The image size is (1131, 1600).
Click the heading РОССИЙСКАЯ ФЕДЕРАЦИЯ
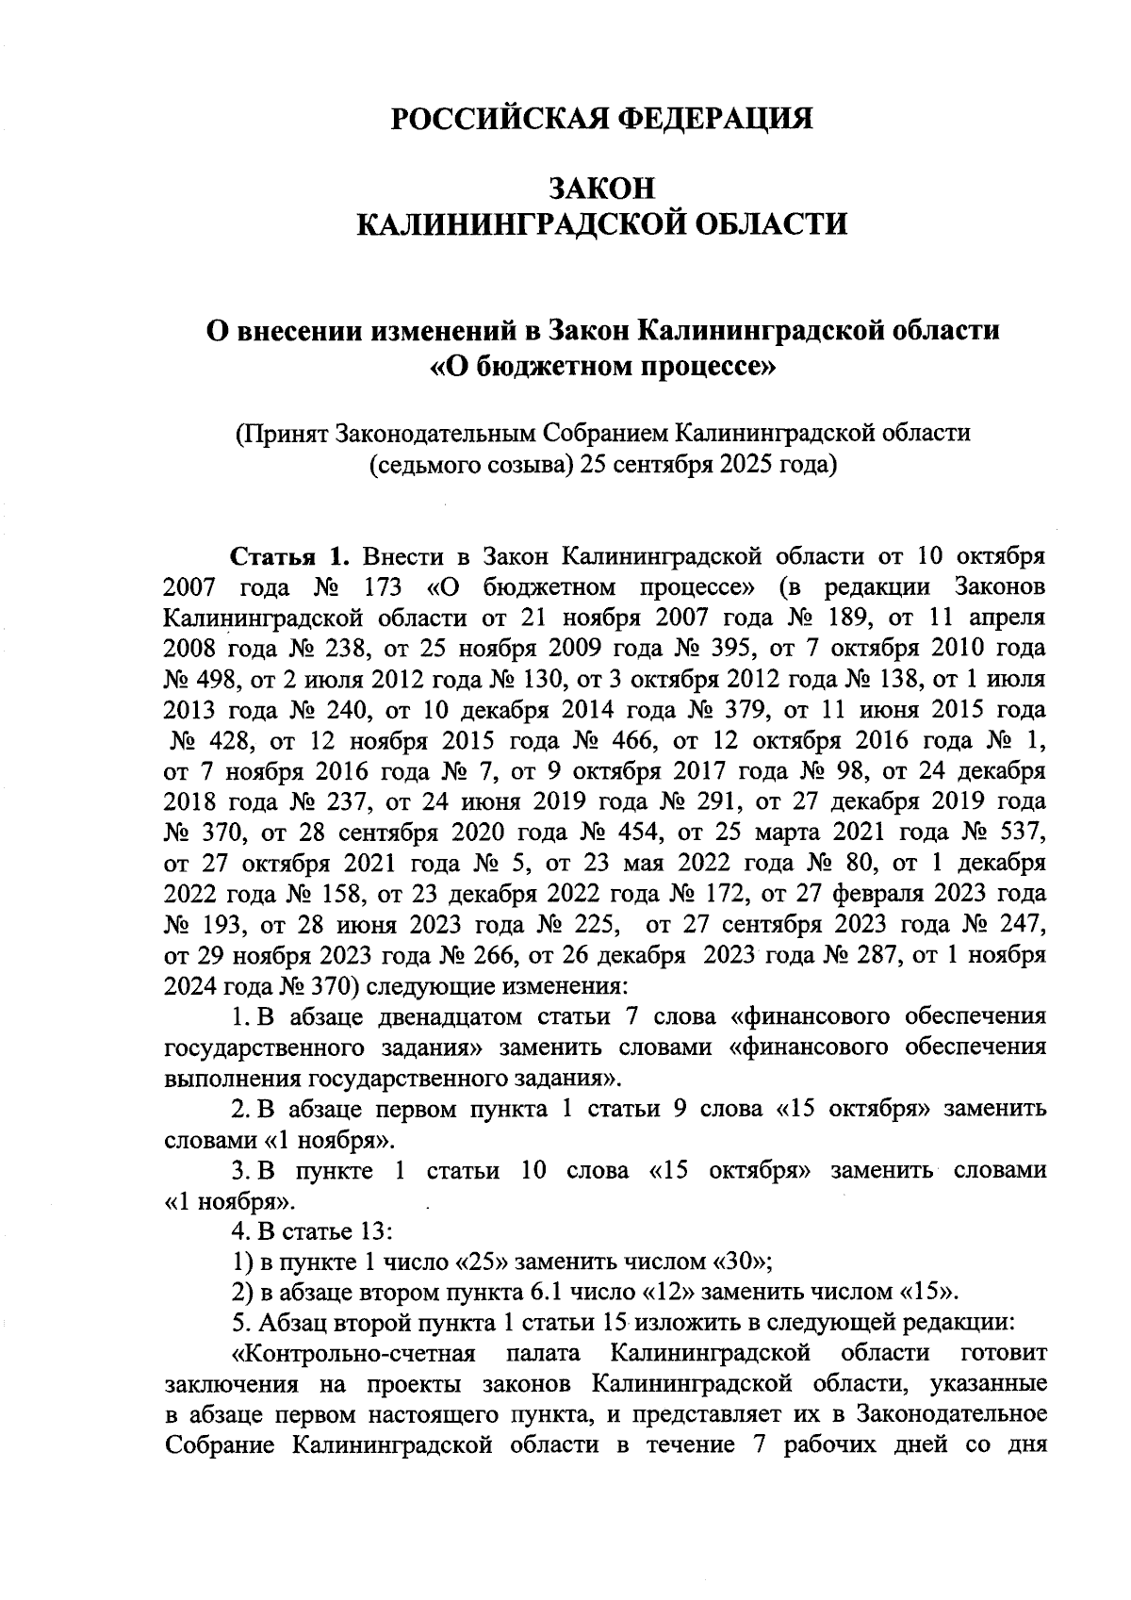click(x=601, y=120)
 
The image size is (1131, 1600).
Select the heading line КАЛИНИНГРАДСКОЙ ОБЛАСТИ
click(x=601, y=225)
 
